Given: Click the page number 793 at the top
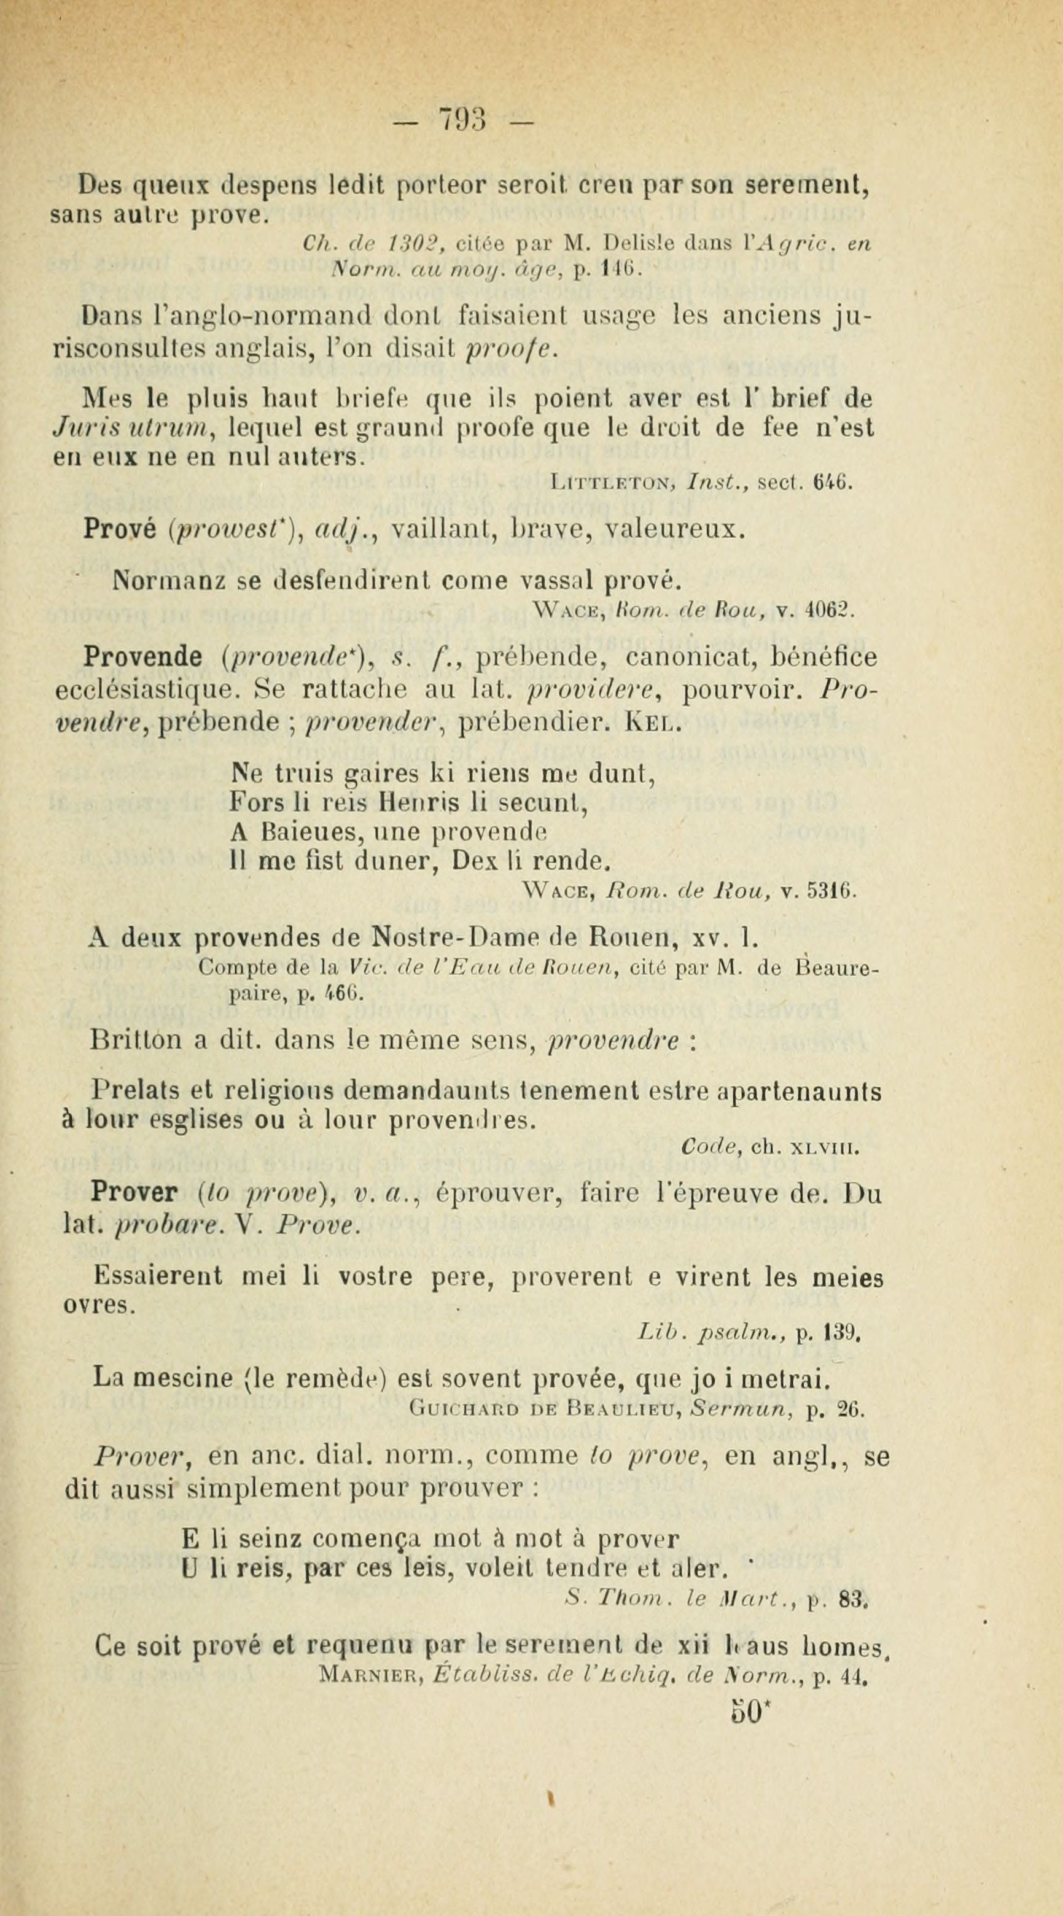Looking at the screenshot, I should coord(462,119).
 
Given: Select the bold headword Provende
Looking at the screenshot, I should coord(143,657).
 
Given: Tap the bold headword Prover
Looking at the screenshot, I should coord(133,1192).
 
